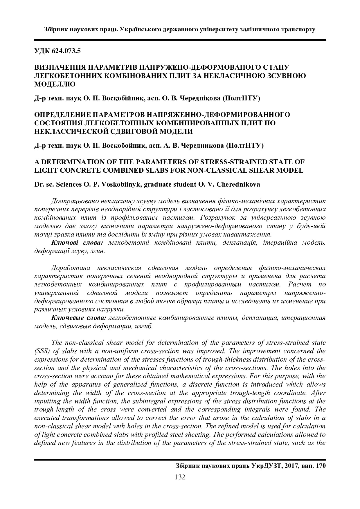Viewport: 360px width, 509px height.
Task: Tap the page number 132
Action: pos(180,477)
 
